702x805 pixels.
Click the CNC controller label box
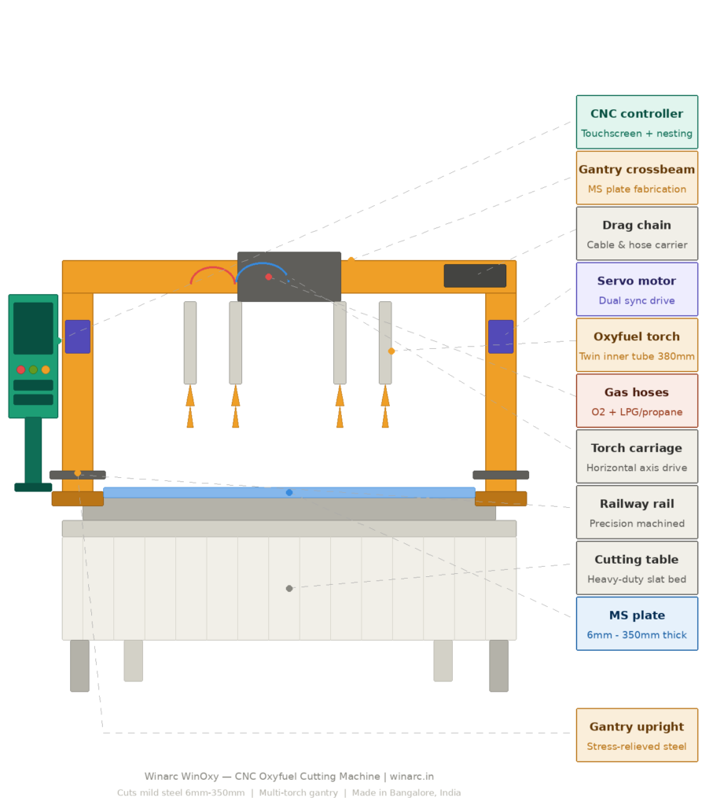(x=637, y=122)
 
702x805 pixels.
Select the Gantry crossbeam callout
(x=637, y=178)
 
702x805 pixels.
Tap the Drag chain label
(x=637, y=233)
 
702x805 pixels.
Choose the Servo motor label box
(x=637, y=289)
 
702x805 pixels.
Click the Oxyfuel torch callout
(x=637, y=345)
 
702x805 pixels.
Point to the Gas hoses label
(x=637, y=401)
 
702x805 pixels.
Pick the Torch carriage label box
(x=637, y=457)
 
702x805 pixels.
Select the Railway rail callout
(x=637, y=513)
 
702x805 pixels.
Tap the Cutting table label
(x=637, y=568)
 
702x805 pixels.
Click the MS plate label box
(x=637, y=624)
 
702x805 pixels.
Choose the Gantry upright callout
(x=637, y=736)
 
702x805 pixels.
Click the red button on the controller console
(x=21, y=369)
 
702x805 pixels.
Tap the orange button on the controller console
(x=46, y=369)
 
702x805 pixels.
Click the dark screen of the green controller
(x=33, y=328)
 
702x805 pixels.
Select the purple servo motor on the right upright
(x=501, y=336)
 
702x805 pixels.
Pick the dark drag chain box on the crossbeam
(x=475, y=276)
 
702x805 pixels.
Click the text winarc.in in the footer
(x=412, y=777)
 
